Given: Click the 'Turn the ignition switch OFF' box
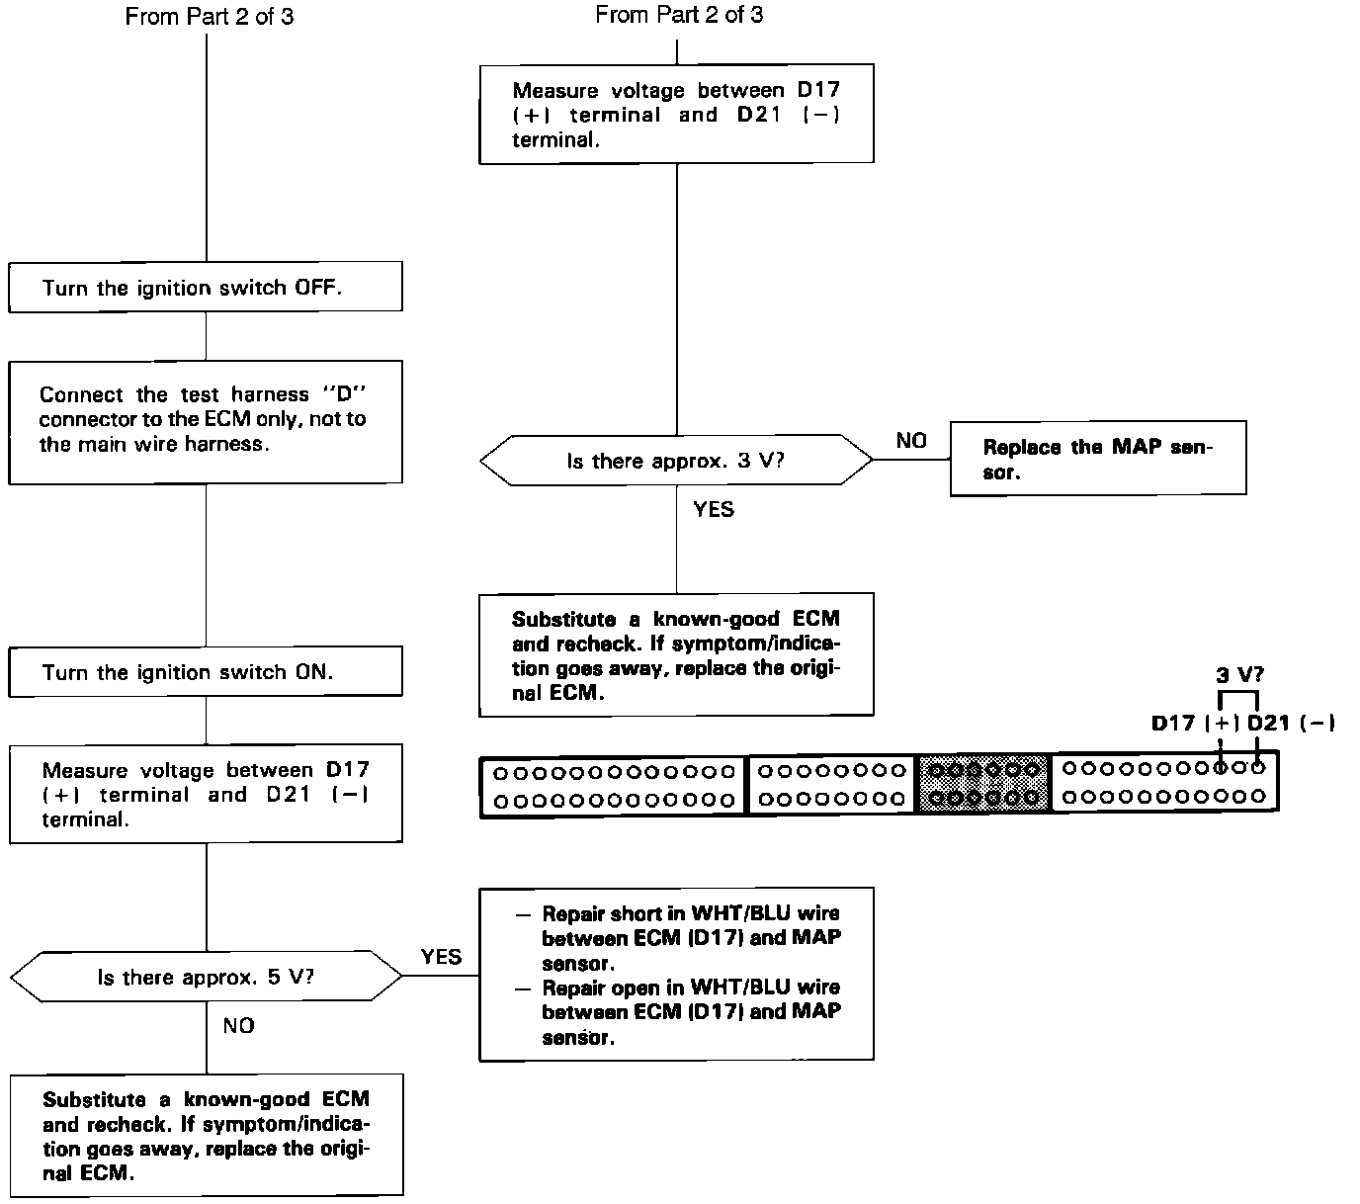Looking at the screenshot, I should [x=206, y=288].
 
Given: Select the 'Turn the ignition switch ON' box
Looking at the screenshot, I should [x=206, y=672].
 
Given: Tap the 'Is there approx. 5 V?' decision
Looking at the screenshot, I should [x=206, y=978].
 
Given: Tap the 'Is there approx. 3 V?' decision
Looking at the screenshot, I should [x=676, y=461].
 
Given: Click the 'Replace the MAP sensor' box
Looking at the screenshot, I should [x=1097, y=459].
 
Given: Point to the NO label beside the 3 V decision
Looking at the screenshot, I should [x=911, y=441].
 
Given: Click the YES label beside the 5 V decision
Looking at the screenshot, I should [x=441, y=956].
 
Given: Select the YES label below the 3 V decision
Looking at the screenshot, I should [x=714, y=510].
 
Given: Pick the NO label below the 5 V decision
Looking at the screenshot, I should [x=239, y=1026].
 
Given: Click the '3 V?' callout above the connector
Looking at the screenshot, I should [x=1239, y=676].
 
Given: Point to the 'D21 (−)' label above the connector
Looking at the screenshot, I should [x=1291, y=724].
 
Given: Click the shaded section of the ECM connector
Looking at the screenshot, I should [x=984, y=783].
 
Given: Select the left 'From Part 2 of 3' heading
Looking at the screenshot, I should [x=210, y=17].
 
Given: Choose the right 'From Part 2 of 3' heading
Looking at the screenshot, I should [x=679, y=15].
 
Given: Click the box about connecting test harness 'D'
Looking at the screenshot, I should [x=206, y=421].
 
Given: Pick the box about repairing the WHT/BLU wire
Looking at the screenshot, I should [x=676, y=974].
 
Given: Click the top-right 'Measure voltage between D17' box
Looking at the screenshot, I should [x=676, y=115].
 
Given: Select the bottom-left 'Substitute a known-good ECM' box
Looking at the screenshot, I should [x=206, y=1136].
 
